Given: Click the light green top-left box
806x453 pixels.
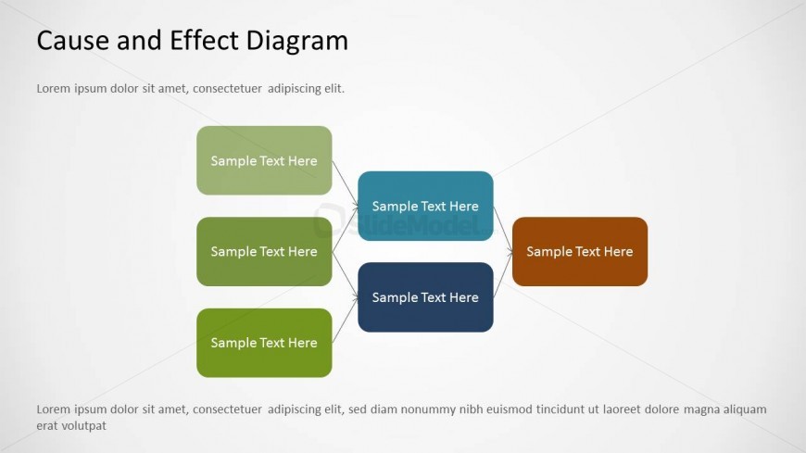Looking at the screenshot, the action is (264, 160).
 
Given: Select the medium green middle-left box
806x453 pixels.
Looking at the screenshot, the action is (264, 251).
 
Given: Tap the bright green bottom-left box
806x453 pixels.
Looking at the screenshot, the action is (264, 343).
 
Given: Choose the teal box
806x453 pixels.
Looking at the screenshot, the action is (425, 207).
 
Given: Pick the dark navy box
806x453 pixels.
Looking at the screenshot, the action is (425, 297).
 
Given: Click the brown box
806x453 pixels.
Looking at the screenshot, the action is (580, 251).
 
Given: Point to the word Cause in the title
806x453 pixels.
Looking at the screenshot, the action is (73, 41).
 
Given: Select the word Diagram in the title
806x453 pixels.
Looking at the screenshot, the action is (297, 41).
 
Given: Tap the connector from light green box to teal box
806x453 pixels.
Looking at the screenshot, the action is (345, 183).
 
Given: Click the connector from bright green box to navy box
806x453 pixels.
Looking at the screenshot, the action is (345, 320).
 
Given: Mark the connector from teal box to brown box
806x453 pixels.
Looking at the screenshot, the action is (503, 230).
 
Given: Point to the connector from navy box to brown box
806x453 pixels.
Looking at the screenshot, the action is (503, 274).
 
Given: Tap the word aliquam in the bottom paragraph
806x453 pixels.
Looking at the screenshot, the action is (745, 409).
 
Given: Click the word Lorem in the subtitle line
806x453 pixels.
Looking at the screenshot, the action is (54, 88).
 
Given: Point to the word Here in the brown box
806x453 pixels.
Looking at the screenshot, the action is (618, 251).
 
